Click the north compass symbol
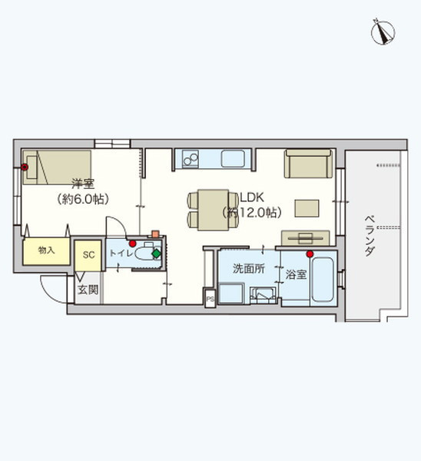(x=383, y=32)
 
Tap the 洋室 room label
(x=83, y=184)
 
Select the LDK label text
(x=252, y=197)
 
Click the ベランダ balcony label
(x=370, y=236)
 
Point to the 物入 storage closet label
(x=46, y=250)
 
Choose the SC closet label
(x=88, y=255)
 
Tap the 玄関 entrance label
(x=88, y=290)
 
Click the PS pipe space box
(x=210, y=299)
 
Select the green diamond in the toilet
(x=157, y=254)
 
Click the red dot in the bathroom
(x=310, y=254)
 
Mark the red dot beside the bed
(x=25, y=167)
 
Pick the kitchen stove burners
(x=191, y=159)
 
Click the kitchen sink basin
(x=233, y=159)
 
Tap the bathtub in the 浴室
(x=323, y=280)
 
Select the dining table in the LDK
(x=213, y=210)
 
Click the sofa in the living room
(x=308, y=164)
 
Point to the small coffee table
(x=307, y=208)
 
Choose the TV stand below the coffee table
(x=306, y=238)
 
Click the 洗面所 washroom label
(x=249, y=268)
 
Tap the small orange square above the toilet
(x=155, y=234)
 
